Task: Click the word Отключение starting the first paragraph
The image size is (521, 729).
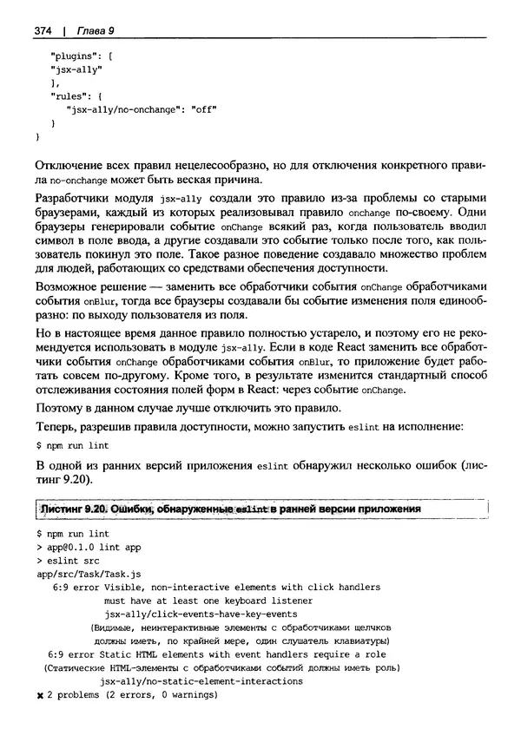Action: pos(64,165)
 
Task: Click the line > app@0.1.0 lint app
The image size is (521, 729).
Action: pos(90,548)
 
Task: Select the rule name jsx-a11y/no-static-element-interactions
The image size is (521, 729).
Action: pos(201,681)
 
